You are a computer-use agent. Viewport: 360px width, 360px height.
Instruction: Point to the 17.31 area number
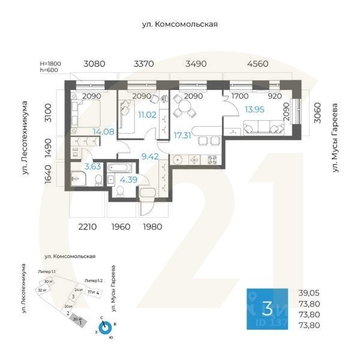tap(182, 136)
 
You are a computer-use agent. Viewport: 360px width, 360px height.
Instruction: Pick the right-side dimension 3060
tap(317, 112)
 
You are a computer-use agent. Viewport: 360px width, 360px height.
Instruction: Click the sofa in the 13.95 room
tap(262, 127)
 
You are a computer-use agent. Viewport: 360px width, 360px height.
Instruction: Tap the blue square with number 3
tap(268, 309)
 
